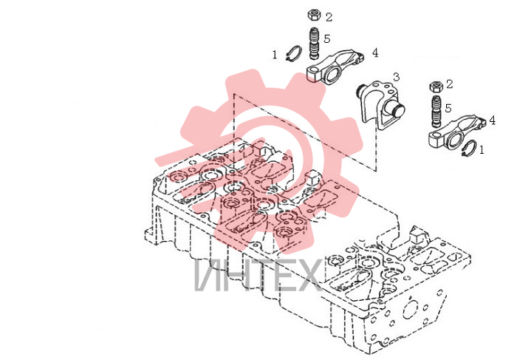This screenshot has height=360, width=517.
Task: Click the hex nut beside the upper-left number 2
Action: [314, 16]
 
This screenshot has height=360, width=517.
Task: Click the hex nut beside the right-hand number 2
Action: [436, 87]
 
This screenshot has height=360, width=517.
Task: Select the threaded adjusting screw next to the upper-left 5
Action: [315, 44]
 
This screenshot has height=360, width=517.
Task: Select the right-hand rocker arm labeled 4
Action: [456, 133]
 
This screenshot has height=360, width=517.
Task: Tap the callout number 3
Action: [396, 77]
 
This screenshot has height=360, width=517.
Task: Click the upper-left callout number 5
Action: [326, 38]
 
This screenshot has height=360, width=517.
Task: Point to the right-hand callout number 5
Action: [448, 108]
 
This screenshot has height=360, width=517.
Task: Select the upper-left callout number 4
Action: [375, 52]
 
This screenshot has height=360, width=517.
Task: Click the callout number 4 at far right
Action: [493, 120]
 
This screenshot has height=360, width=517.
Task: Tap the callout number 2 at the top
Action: [329, 17]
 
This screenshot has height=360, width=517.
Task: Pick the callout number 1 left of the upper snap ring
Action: [275, 55]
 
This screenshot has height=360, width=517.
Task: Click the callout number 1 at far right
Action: [482, 150]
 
